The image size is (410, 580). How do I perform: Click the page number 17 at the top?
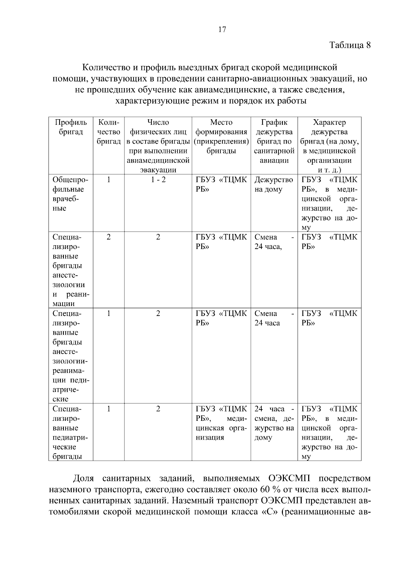(x=222, y=30)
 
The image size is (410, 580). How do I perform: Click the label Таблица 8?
(x=350, y=45)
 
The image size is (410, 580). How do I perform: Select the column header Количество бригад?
(x=108, y=132)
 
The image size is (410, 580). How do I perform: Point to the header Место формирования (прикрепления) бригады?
(x=221, y=137)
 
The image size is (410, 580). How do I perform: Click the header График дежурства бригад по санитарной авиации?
(x=274, y=141)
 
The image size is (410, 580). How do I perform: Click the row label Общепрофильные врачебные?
(x=70, y=194)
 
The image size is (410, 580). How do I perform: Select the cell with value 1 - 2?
(x=158, y=180)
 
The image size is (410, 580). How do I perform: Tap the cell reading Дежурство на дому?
(x=273, y=185)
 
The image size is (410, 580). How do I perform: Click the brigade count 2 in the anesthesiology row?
(x=108, y=237)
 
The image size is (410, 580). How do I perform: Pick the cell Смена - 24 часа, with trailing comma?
(x=273, y=242)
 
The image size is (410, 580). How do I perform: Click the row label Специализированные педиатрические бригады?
(x=70, y=432)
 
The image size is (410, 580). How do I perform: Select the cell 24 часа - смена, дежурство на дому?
(x=274, y=423)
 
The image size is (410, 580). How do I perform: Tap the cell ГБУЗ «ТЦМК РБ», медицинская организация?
(x=221, y=423)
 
